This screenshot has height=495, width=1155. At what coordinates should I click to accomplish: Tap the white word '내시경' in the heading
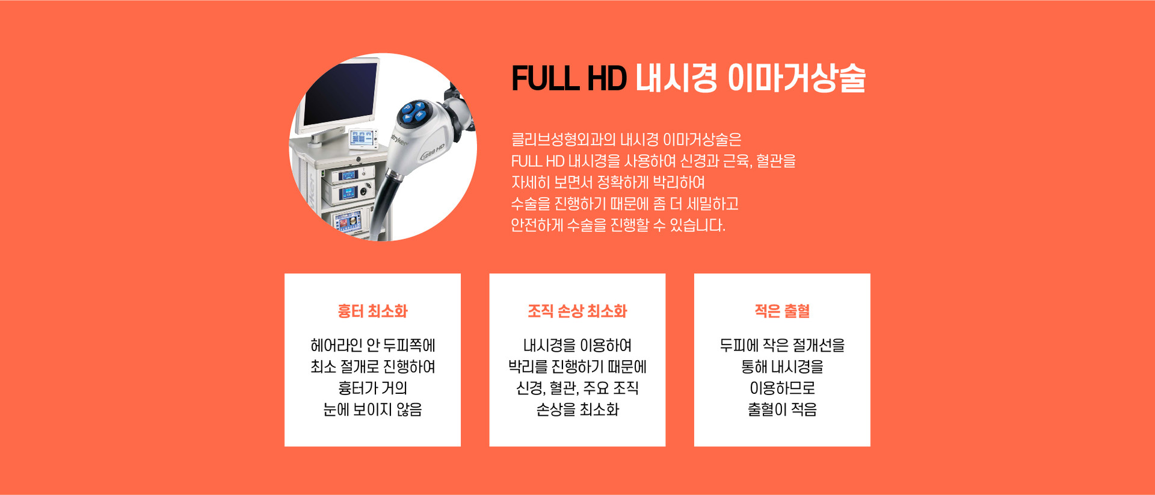point(676,78)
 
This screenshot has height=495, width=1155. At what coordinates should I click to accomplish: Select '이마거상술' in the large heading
point(796,78)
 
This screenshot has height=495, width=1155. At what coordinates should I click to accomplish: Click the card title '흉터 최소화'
point(372,311)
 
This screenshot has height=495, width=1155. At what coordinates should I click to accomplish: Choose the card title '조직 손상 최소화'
point(577,311)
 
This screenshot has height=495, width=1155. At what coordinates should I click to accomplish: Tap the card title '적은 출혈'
point(782,311)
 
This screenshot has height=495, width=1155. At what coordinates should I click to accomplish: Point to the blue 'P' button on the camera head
point(407,108)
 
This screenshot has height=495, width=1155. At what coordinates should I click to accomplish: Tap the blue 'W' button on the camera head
point(419,115)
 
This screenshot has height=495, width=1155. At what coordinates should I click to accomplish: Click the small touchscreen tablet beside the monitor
point(363,139)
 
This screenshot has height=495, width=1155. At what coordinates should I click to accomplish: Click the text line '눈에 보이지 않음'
point(372,409)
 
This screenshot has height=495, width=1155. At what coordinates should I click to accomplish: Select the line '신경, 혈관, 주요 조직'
point(577,388)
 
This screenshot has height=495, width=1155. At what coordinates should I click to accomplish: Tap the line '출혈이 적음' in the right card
point(782,409)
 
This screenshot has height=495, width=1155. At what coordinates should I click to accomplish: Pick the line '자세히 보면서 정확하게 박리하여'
point(608,182)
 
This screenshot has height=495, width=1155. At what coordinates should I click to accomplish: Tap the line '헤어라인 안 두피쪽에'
point(372,346)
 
